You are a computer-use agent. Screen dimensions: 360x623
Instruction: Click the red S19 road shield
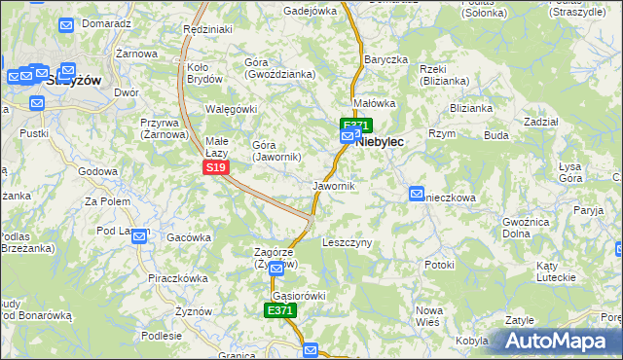tap(216, 168)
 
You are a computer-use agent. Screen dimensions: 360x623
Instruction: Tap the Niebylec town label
tap(381, 141)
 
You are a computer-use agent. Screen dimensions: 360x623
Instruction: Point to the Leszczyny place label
tap(347, 242)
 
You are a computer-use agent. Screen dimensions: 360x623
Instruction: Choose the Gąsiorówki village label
tap(299, 295)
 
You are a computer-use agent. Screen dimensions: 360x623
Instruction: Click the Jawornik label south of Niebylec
tap(333, 185)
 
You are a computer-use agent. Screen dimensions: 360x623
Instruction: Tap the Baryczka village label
tap(385, 59)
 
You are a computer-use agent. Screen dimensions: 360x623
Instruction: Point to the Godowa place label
tap(97, 171)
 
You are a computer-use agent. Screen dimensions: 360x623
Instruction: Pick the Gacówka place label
tap(189, 237)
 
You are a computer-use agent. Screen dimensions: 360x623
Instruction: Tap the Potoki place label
tap(439, 265)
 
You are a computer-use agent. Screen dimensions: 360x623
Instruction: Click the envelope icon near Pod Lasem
tap(140, 235)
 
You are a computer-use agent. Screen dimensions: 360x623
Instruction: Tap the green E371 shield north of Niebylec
tap(355, 125)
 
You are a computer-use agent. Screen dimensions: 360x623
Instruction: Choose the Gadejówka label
tap(310, 11)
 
